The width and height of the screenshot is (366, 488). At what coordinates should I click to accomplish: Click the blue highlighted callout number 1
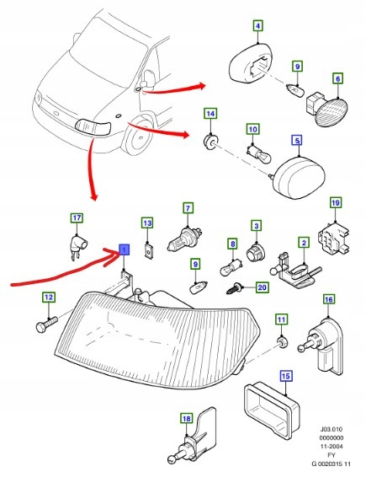124,249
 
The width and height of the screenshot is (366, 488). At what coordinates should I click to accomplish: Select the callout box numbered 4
257,26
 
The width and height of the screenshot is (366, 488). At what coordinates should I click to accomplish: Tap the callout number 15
286,376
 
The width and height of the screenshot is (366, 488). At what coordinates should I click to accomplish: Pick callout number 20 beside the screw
262,287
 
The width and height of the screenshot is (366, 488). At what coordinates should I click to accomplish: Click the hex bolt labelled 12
47,324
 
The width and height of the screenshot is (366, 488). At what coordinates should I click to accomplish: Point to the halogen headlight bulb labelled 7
185,239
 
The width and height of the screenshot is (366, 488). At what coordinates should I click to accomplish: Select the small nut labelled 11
283,342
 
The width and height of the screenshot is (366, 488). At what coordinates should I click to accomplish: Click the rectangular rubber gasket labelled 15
272,410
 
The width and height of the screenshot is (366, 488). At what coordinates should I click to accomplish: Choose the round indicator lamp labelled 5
299,178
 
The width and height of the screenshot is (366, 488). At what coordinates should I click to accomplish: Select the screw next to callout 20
235,289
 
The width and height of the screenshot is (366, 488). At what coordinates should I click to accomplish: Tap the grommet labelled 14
210,142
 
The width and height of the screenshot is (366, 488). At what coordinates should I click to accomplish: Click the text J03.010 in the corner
332,429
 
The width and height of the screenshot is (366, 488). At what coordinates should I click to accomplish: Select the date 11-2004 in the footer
332,447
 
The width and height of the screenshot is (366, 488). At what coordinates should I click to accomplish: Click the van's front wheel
138,136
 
